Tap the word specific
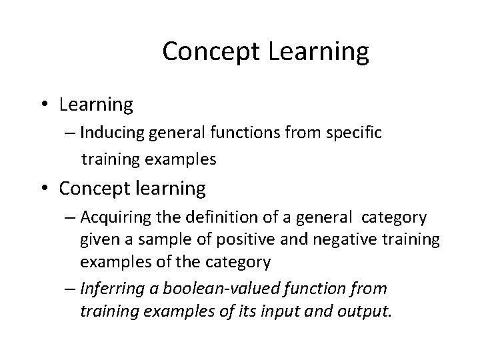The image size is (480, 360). coord(355,133)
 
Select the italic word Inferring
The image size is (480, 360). coord(109,289)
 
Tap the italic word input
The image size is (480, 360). coord(287,311)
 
